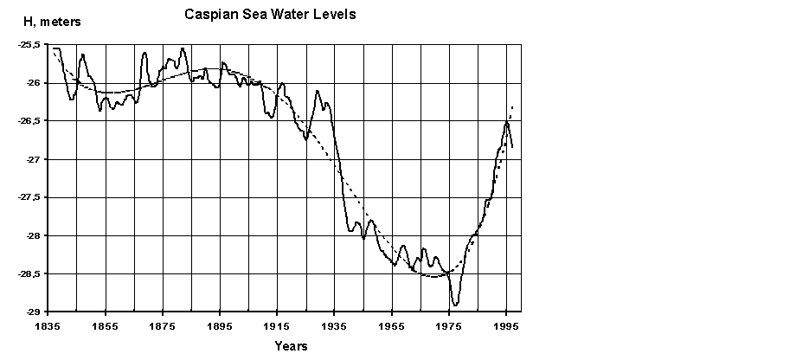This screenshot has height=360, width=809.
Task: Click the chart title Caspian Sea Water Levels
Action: [270, 15]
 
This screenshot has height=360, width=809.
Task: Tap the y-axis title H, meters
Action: [51, 23]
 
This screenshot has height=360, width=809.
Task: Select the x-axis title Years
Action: [291, 346]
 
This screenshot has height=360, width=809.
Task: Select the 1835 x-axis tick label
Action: [48, 328]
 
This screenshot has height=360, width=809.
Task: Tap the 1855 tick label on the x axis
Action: [106, 328]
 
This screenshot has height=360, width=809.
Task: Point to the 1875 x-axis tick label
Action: [163, 328]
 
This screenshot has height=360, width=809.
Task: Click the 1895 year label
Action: [220, 328]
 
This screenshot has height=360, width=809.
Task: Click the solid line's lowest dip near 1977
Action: [455, 305]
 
